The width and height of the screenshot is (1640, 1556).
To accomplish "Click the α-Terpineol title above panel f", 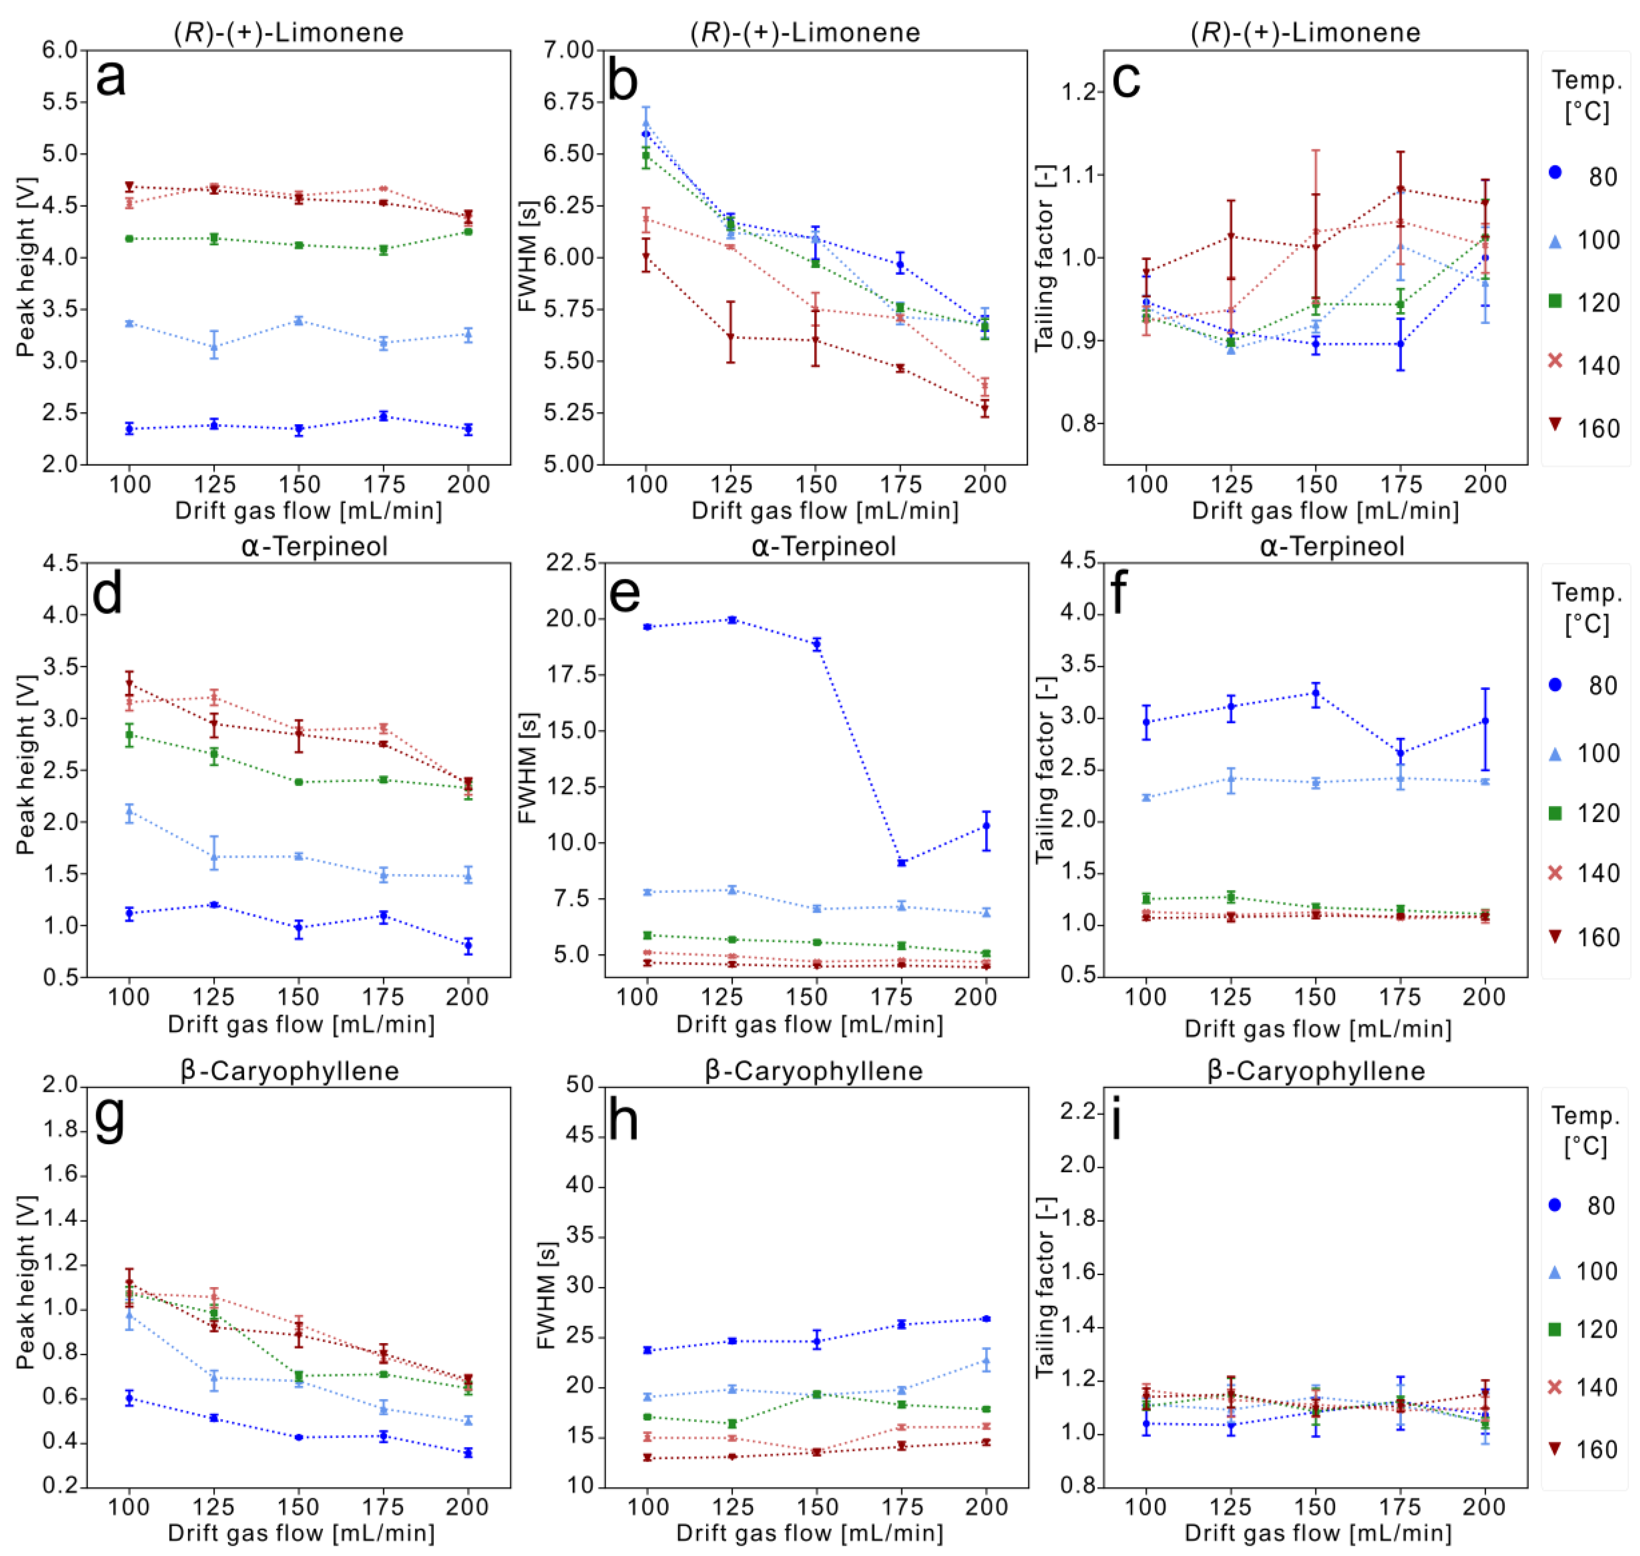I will click(x=1331, y=546).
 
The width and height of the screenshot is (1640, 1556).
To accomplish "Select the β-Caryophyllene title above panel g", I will click(x=289, y=1071).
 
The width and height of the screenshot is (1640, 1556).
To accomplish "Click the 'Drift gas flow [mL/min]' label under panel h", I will click(x=810, y=1534).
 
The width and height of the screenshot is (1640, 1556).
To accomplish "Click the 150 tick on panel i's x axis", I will click(x=1316, y=1507).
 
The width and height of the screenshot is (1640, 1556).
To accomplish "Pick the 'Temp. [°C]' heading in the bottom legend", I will click(x=1585, y=1131).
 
